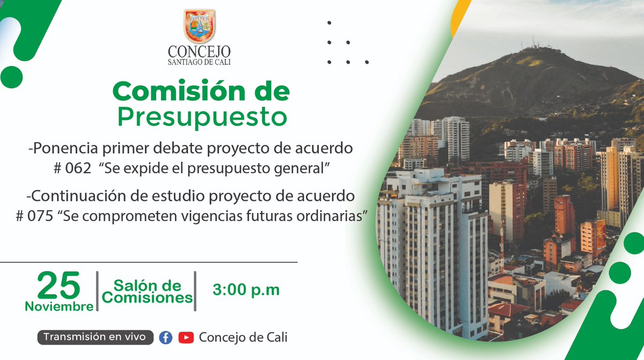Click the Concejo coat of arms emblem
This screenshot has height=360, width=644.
199,26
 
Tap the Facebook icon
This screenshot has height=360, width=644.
166,337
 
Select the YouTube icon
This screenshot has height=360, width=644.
186,337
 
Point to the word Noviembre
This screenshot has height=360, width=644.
59,307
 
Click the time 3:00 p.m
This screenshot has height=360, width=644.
246,290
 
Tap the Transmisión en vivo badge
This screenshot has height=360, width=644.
95,337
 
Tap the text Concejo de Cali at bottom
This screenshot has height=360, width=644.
243,337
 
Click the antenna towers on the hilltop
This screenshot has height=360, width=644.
532,43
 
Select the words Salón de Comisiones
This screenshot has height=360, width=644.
147,291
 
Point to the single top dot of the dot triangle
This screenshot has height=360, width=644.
329,23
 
